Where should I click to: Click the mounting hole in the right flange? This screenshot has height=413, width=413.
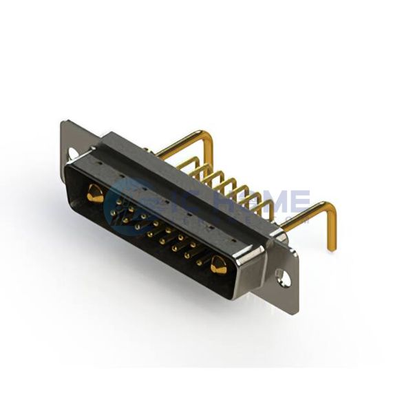tap(282, 278)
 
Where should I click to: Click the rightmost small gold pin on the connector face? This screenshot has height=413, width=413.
tap(200, 262)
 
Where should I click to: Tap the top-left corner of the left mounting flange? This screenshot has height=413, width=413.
tap(63, 123)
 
